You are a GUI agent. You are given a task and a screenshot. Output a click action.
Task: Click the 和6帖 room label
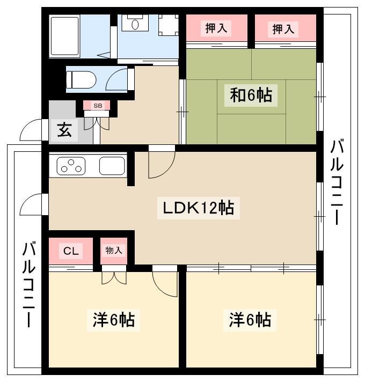click(251, 96)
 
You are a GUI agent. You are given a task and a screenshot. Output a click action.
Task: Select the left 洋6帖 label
click(113, 320)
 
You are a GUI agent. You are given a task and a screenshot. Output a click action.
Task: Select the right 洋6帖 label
click(250, 320)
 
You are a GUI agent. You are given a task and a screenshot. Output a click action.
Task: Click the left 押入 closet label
click(216, 29)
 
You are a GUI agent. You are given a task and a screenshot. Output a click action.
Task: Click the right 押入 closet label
click(283, 29)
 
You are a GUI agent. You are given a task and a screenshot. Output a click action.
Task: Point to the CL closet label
click(71, 251)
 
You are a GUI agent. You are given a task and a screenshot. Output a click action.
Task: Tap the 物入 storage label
click(114, 250)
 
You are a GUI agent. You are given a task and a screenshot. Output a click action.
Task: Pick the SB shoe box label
click(98, 106)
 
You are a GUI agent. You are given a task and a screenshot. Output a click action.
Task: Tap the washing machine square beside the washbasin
click(169, 25)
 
